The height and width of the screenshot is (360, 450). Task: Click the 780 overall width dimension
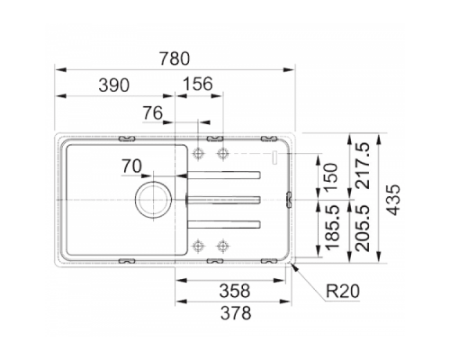(x=175, y=58)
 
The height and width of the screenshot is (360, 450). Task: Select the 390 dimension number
(x=114, y=85)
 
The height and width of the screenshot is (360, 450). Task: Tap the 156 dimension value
(x=198, y=84)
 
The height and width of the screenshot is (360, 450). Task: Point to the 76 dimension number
(x=153, y=113)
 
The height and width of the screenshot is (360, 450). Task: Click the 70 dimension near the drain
(x=131, y=166)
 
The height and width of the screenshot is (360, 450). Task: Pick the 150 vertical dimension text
(x=331, y=177)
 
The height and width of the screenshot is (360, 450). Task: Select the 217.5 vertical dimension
(x=363, y=166)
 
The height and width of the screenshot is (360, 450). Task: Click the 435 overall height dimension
(x=393, y=200)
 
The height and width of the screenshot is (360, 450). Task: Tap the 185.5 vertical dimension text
(x=332, y=228)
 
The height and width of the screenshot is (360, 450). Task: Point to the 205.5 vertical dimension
(x=363, y=228)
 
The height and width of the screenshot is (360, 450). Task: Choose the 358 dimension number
(x=235, y=291)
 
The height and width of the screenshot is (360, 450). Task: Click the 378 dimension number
(x=236, y=313)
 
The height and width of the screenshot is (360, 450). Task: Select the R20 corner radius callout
(x=343, y=291)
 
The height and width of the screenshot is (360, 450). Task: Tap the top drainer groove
(x=223, y=175)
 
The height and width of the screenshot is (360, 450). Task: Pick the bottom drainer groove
(x=223, y=225)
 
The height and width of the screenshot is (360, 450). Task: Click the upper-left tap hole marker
(x=198, y=153)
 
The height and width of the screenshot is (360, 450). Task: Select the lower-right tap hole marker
(x=222, y=247)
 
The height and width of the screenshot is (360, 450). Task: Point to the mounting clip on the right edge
(x=289, y=199)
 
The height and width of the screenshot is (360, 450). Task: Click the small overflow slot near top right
(x=274, y=157)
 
